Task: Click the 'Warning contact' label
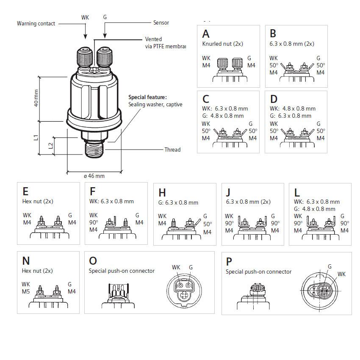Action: [x=36, y=24]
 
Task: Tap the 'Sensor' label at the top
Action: [x=161, y=22]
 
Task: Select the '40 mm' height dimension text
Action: [x=36, y=98]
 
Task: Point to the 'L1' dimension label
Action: [x=36, y=137]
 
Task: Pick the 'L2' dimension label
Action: [x=50, y=145]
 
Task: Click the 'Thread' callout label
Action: [x=172, y=150]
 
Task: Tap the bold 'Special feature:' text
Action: [x=148, y=97]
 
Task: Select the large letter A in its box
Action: [x=206, y=34]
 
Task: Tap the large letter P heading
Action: [x=229, y=261]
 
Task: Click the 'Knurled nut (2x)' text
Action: [x=223, y=44]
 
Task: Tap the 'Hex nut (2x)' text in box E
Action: [x=38, y=202]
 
